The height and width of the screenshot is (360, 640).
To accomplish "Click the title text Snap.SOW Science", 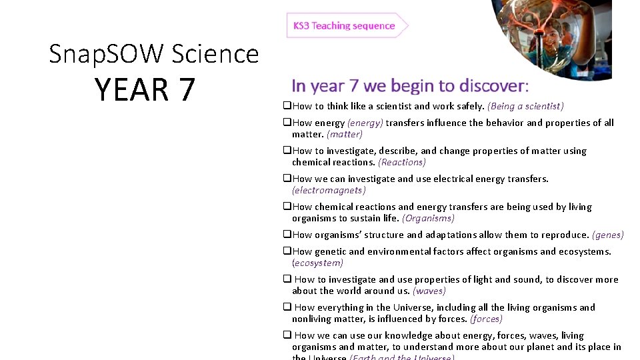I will pos(153,53).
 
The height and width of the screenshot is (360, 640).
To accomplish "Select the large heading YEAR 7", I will pos(145,90).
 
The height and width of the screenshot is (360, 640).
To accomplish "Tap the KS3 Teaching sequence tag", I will pos(344,26).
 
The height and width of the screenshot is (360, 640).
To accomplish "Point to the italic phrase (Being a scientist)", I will pos(525,106).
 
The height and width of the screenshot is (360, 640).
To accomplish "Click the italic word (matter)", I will pos(344,134).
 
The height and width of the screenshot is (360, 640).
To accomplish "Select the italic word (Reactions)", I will pos(401,162).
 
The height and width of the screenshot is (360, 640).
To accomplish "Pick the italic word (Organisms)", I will pos(428,218).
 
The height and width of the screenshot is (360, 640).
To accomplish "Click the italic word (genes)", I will pos(608,235).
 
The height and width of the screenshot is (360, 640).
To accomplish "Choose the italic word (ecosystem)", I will pos(317,263).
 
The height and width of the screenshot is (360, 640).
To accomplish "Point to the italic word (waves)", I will pos(429,291).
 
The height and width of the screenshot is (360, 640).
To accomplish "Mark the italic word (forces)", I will pos(486,319).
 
